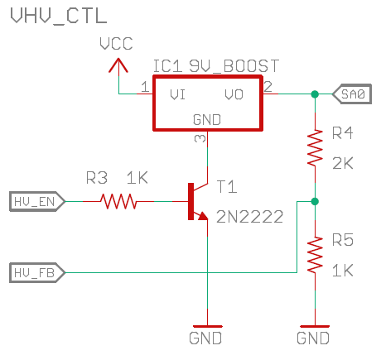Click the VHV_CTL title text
pyautogui.click(x=59, y=16)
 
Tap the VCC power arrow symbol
pyautogui.click(x=118, y=65)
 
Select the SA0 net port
pyautogui.click(x=352, y=94)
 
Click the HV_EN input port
pyautogui.click(x=37, y=202)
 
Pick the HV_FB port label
pyautogui.click(x=37, y=273)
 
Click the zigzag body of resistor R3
pyautogui.click(x=118, y=201)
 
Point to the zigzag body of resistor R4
pyautogui.click(x=315, y=148)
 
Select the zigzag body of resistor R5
pyautogui.click(x=315, y=254)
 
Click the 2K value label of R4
pyautogui.click(x=343, y=163)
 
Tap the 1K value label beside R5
pyautogui.click(x=343, y=270)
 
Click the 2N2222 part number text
pyautogui.click(x=249, y=217)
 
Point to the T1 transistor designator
pyautogui.click(x=227, y=186)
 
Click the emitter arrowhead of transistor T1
pyautogui.click(x=203, y=216)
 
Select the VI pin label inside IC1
pyautogui.click(x=177, y=94)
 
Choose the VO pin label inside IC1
pyautogui.click(x=234, y=94)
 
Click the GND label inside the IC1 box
pyautogui.click(x=207, y=120)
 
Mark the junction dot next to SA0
pyautogui.click(x=315, y=94)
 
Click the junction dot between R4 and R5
pyautogui.click(x=315, y=201)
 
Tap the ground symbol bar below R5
pyautogui.click(x=315, y=326)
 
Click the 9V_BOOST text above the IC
pyautogui.click(x=234, y=66)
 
